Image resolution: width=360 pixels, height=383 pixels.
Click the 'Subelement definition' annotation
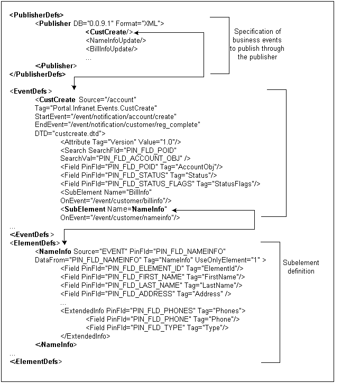[301, 267]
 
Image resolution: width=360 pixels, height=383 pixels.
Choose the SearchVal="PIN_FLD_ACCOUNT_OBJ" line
[125, 158]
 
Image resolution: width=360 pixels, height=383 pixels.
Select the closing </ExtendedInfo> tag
[86, 335]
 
